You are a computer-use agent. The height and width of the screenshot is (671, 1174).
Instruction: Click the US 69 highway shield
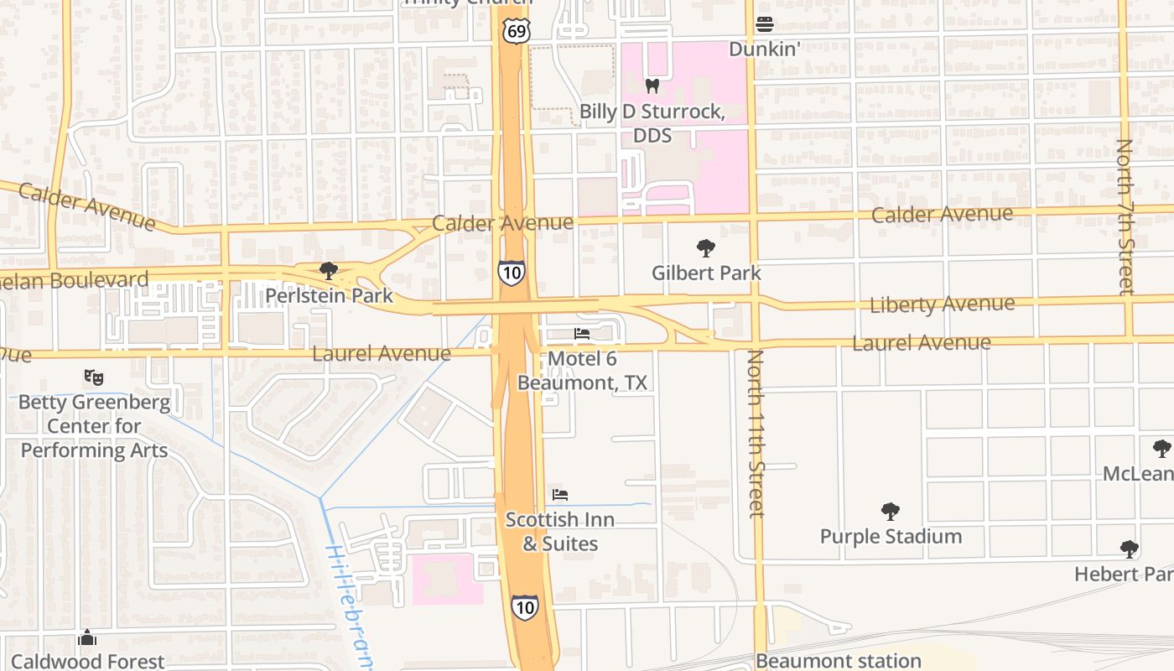tap(517, 31)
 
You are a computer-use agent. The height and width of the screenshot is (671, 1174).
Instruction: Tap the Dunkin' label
tap(764, 49)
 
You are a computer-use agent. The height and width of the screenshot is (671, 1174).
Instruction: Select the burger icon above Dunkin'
tap(764, 23)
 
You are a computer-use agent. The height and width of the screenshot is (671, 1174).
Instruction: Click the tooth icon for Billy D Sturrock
tap(652, 86)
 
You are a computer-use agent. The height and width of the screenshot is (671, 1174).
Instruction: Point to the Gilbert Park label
tap(706, 273)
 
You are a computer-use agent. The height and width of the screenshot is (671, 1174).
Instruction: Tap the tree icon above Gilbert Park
tap(706, 247)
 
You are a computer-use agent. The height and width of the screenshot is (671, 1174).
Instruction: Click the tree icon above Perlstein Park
tap(329, 270)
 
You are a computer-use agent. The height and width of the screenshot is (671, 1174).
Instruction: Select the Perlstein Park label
tap(329, 295)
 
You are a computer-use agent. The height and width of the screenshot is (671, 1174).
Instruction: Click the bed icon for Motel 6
tap(582, 334)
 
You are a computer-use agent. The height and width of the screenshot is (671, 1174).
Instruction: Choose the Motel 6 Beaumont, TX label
tap(582, 371)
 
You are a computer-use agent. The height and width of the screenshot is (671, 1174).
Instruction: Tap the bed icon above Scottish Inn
tap(560, 495)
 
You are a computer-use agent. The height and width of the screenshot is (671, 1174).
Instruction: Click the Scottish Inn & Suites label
tap(559, 532)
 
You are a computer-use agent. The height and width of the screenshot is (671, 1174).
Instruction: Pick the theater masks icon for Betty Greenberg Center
tap(94, 377)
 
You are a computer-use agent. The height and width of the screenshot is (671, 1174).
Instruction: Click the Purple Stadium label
tap(891, 536)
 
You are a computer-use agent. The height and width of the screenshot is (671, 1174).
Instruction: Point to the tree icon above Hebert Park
tap(1129, 549)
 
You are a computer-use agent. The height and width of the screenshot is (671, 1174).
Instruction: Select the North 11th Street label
tap(756, 434)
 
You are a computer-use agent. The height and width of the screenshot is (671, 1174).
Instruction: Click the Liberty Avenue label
tap(942, 304)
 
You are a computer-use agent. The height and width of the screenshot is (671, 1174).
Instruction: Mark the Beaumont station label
tap(839, 661)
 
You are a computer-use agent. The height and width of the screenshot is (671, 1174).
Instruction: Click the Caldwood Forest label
tap(88, 661)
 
